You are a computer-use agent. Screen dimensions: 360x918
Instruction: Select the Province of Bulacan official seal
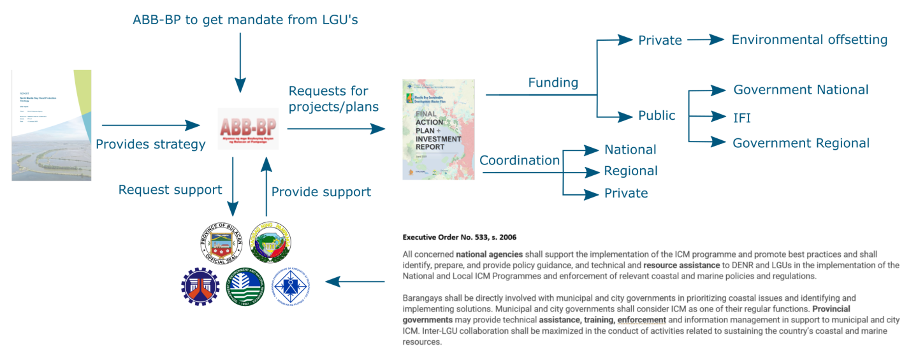[x=221, y=243]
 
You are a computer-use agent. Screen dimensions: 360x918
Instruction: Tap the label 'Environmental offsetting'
[x=809, y=40]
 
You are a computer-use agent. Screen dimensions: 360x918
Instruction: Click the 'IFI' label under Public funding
[x=742, y=117]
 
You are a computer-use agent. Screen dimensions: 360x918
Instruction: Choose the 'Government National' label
[x=801, y=90]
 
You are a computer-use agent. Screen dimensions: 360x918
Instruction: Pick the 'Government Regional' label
[x=801, y=143]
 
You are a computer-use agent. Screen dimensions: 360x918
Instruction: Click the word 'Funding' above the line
[x=553, y=83]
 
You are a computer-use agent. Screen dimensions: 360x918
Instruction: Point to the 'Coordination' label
[x=520, y=161]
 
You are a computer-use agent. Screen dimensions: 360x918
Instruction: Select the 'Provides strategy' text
[x=150, y=145]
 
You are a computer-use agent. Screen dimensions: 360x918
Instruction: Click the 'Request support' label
[x=170, y=190]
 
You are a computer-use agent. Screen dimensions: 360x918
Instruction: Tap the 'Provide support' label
[x=321, y=192]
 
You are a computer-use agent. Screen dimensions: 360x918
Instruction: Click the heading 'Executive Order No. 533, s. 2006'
[x=460, y=238]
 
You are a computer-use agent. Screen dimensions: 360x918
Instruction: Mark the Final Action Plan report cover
[x=439, y=129]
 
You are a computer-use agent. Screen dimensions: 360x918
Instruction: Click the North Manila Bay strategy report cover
[x=52, y=126]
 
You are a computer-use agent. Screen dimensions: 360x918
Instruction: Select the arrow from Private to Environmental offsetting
[x=706, y=40]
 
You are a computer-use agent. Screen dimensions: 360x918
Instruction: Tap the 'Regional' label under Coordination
[x=630, y=171]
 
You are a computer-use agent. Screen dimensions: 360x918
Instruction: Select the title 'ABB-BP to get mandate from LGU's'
[x=245, y=20]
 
